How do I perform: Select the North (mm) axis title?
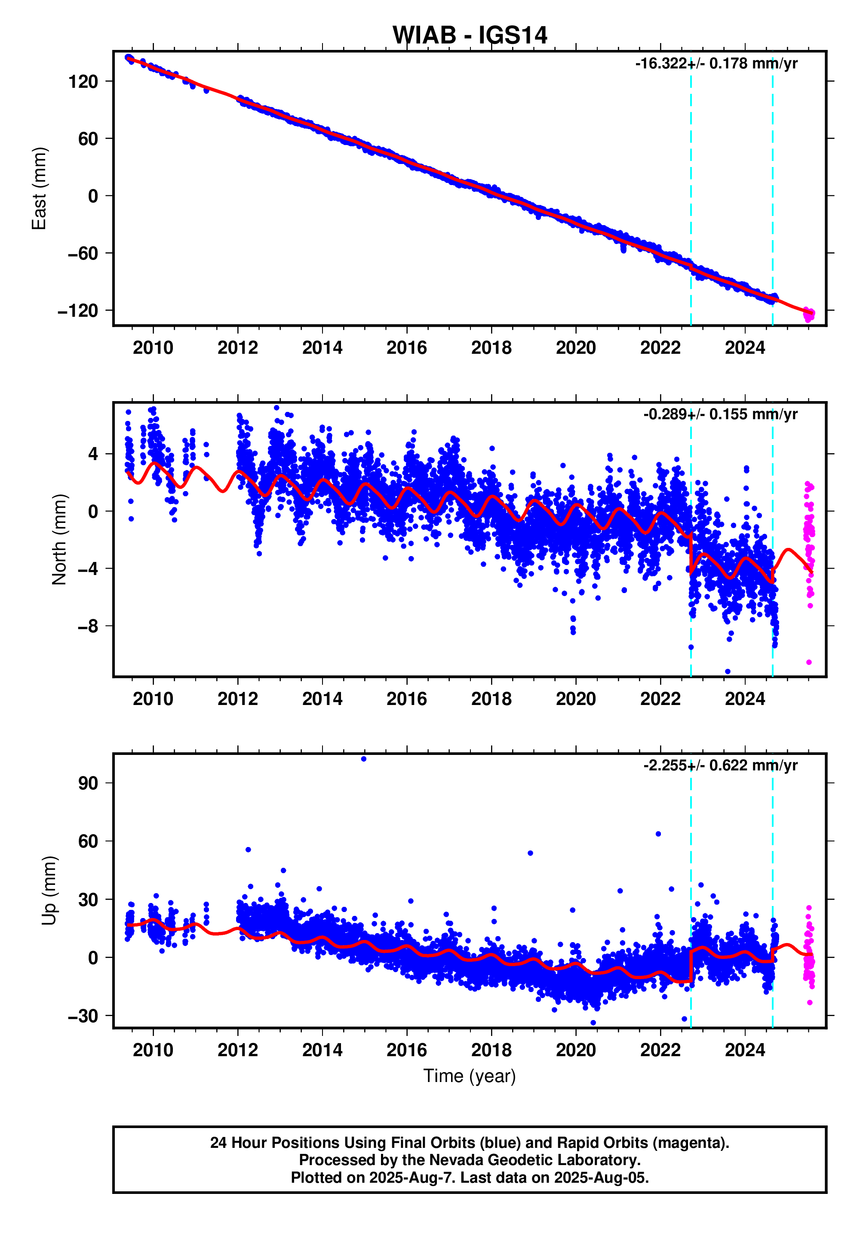pyautogui.click(x=59, y=539)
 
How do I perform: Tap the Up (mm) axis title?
pyautogui.click(x=49, y=890)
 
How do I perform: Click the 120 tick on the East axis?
pyautogui.click(x=83, y=82)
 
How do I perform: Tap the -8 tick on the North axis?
pyautogui.click(x=88, y=627)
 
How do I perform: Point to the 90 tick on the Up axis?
pyautogui.click(x=88, y=783)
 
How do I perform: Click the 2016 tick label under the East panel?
pyautogui.click(x=406, y=348)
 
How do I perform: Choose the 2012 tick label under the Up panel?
pyautogui.click(x=238, y=1050)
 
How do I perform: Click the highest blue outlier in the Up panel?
pyautogui.click(x=364, y=759)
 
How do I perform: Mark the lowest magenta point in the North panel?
pyautogui.click(x=809, y=662)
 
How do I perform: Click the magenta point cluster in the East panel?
pyautogui.click(x=809, y=315)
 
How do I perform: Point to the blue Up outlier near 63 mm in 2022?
pyautogui.click(x=658, y=834)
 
